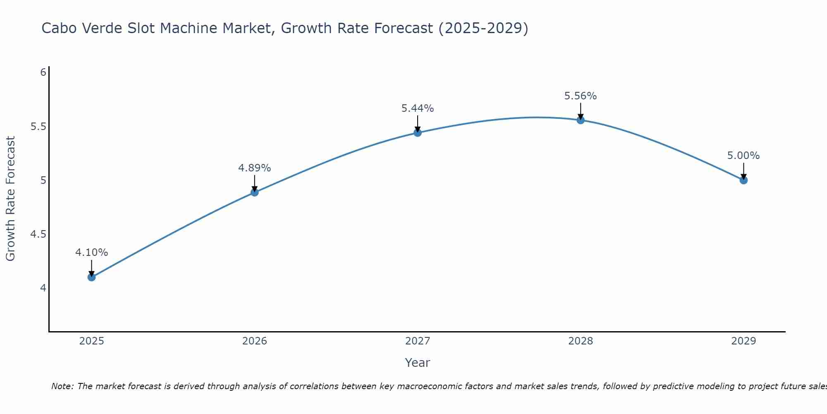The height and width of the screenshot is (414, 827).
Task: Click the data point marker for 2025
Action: (92, 277)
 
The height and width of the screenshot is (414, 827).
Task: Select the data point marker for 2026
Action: (255, 192)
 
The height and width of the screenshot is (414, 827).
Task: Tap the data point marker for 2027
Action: (418, 132)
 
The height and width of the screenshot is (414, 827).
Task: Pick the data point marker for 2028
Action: (581, 120)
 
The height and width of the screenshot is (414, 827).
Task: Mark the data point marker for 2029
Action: (743, 180)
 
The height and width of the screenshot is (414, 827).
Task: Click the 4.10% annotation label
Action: (92, 253)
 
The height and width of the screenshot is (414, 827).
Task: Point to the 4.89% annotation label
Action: (255, 168)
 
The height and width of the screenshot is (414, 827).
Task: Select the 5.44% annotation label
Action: (418, 108)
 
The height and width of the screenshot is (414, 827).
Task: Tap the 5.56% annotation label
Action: (581, 96)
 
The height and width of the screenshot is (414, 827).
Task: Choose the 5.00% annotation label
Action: (743, 156)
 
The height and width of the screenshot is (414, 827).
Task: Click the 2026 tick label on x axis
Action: (255, 341)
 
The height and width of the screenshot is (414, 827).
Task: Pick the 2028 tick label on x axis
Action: (581, 341)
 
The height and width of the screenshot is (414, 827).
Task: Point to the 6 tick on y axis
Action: (43, 72)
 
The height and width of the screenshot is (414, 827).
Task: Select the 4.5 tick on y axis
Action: (38, 234)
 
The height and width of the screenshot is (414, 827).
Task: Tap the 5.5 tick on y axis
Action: (38, 127)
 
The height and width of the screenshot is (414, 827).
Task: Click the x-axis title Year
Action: (418, 363)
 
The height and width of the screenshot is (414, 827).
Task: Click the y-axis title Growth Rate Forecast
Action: (11, 199)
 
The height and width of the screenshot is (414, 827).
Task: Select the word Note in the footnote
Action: (62, 386)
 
